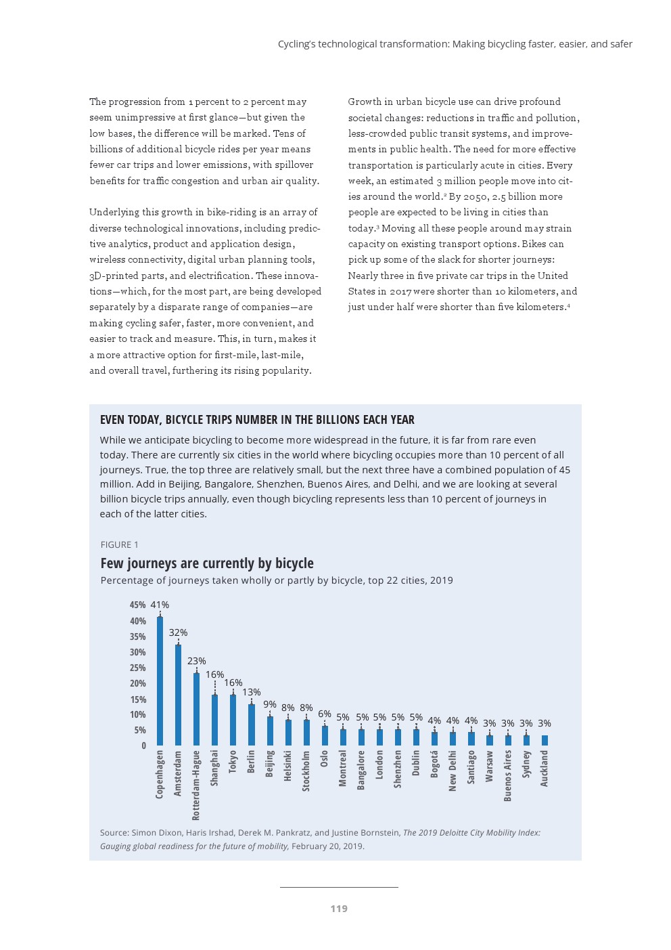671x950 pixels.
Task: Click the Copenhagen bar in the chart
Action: tap(160, 681)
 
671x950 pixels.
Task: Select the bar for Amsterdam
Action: tap(178, 695)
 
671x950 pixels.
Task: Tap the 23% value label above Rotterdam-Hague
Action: tap(197, 661)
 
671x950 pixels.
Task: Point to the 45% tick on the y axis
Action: tap(138, 605)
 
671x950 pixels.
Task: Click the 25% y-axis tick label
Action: tap(138, 668)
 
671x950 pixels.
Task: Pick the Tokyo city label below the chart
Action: tap(233, 761)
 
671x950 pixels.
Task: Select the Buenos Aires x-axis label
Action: tap(508, 775)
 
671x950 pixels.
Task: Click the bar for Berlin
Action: tap(252, 725)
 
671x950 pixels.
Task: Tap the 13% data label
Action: tap(252, 692)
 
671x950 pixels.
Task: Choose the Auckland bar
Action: tap(545, 740)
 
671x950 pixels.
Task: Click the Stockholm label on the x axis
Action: tap(306, 771)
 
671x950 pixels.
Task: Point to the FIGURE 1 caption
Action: tap(120, 544)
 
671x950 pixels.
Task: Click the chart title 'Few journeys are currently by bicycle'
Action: tap(207, 563)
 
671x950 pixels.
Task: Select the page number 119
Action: tap(339, 909)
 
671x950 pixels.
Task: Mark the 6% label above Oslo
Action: tap(325, 714)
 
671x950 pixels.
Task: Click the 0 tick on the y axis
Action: tap(143, 746)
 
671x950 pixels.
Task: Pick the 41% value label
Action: tap(160, 605)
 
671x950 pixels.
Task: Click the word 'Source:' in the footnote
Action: tap(114, 833)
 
